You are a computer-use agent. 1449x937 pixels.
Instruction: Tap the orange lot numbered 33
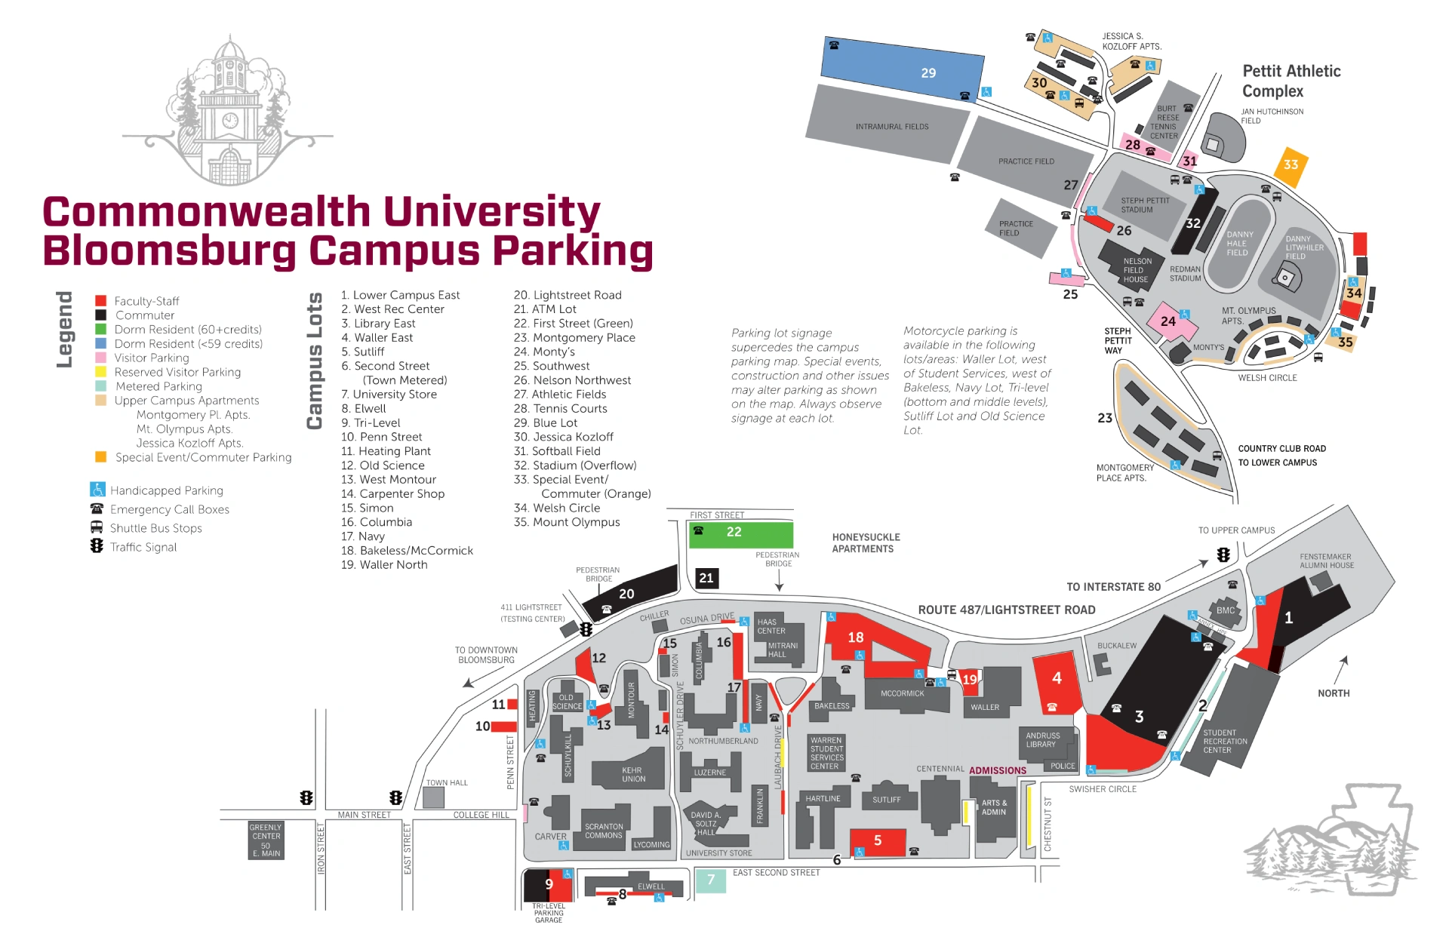pos(1291,165)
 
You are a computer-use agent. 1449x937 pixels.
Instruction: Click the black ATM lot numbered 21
pos(706,578)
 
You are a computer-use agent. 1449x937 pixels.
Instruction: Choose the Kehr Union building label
pos(633,775)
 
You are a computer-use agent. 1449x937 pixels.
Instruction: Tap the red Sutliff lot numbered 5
pos(878,841)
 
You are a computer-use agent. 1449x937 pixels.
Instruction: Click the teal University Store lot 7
pos(710,880)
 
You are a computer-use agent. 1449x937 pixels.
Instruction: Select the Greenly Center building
pos(266,840)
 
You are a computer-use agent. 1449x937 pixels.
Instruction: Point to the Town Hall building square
pos(433,797)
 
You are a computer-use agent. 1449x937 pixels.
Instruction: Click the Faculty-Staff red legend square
pos(100,301)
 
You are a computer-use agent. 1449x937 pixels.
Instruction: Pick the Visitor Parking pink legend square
pos(100,358)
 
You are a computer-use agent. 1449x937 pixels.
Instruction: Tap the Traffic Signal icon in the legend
pos(97,546)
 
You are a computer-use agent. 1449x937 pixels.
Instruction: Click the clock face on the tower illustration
pos(230,121)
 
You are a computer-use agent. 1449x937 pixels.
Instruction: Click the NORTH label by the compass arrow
pos(1334,693)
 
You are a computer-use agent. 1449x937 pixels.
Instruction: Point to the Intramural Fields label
pos(892,127)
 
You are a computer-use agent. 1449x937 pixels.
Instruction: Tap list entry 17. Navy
pos(363,536)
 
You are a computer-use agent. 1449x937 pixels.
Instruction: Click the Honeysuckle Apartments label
pos(866,543)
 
